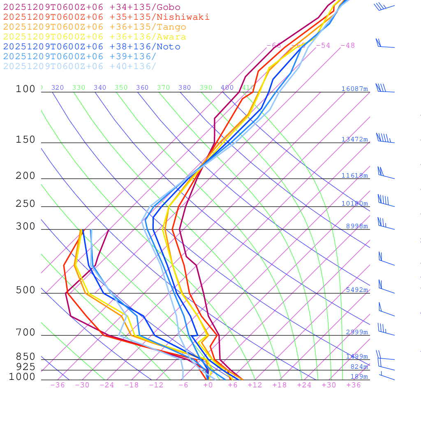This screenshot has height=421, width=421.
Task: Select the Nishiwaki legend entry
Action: point(106,17)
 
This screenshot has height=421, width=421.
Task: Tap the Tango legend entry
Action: point(95,27)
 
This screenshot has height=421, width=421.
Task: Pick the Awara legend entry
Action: point(95,37)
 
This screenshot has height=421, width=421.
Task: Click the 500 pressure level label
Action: point(25,290)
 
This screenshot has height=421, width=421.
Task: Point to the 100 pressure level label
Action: point(25,89)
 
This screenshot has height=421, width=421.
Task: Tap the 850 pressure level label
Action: point(25,356)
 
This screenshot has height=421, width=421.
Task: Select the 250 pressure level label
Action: point(25,204)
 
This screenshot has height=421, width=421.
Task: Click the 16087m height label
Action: point(354,89)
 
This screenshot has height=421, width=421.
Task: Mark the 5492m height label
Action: point(356,290)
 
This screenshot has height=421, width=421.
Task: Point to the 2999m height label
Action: point(356,332)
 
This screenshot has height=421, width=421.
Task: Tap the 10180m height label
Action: point(354,204)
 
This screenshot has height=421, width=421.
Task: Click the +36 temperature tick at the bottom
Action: point(354,385)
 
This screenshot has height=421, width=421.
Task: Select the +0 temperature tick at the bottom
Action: point(208,385)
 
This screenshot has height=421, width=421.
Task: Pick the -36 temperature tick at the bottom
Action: point(57,385)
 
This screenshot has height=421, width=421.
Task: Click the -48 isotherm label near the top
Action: point(347,45)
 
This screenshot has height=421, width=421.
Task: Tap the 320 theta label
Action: point(58,88)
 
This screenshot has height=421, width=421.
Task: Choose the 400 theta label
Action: point(227,88)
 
